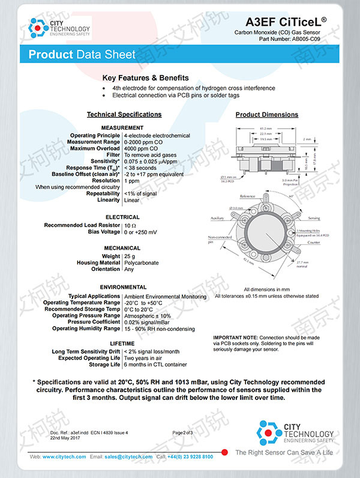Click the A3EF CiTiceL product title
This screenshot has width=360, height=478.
tap(289, 22)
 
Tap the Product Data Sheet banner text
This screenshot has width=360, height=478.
tap(82, 55)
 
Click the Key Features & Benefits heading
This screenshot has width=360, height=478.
tap(146, 78)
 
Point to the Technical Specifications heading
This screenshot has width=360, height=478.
tap(124, 114)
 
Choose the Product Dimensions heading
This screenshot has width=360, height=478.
tap(266, 115)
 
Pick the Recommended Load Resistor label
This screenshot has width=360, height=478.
tap(82, 225)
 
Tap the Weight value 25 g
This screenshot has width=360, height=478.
tap(129, 256)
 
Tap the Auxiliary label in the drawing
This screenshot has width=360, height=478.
tap(217, 219)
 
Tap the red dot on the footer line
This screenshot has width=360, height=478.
tap(224, 452)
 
